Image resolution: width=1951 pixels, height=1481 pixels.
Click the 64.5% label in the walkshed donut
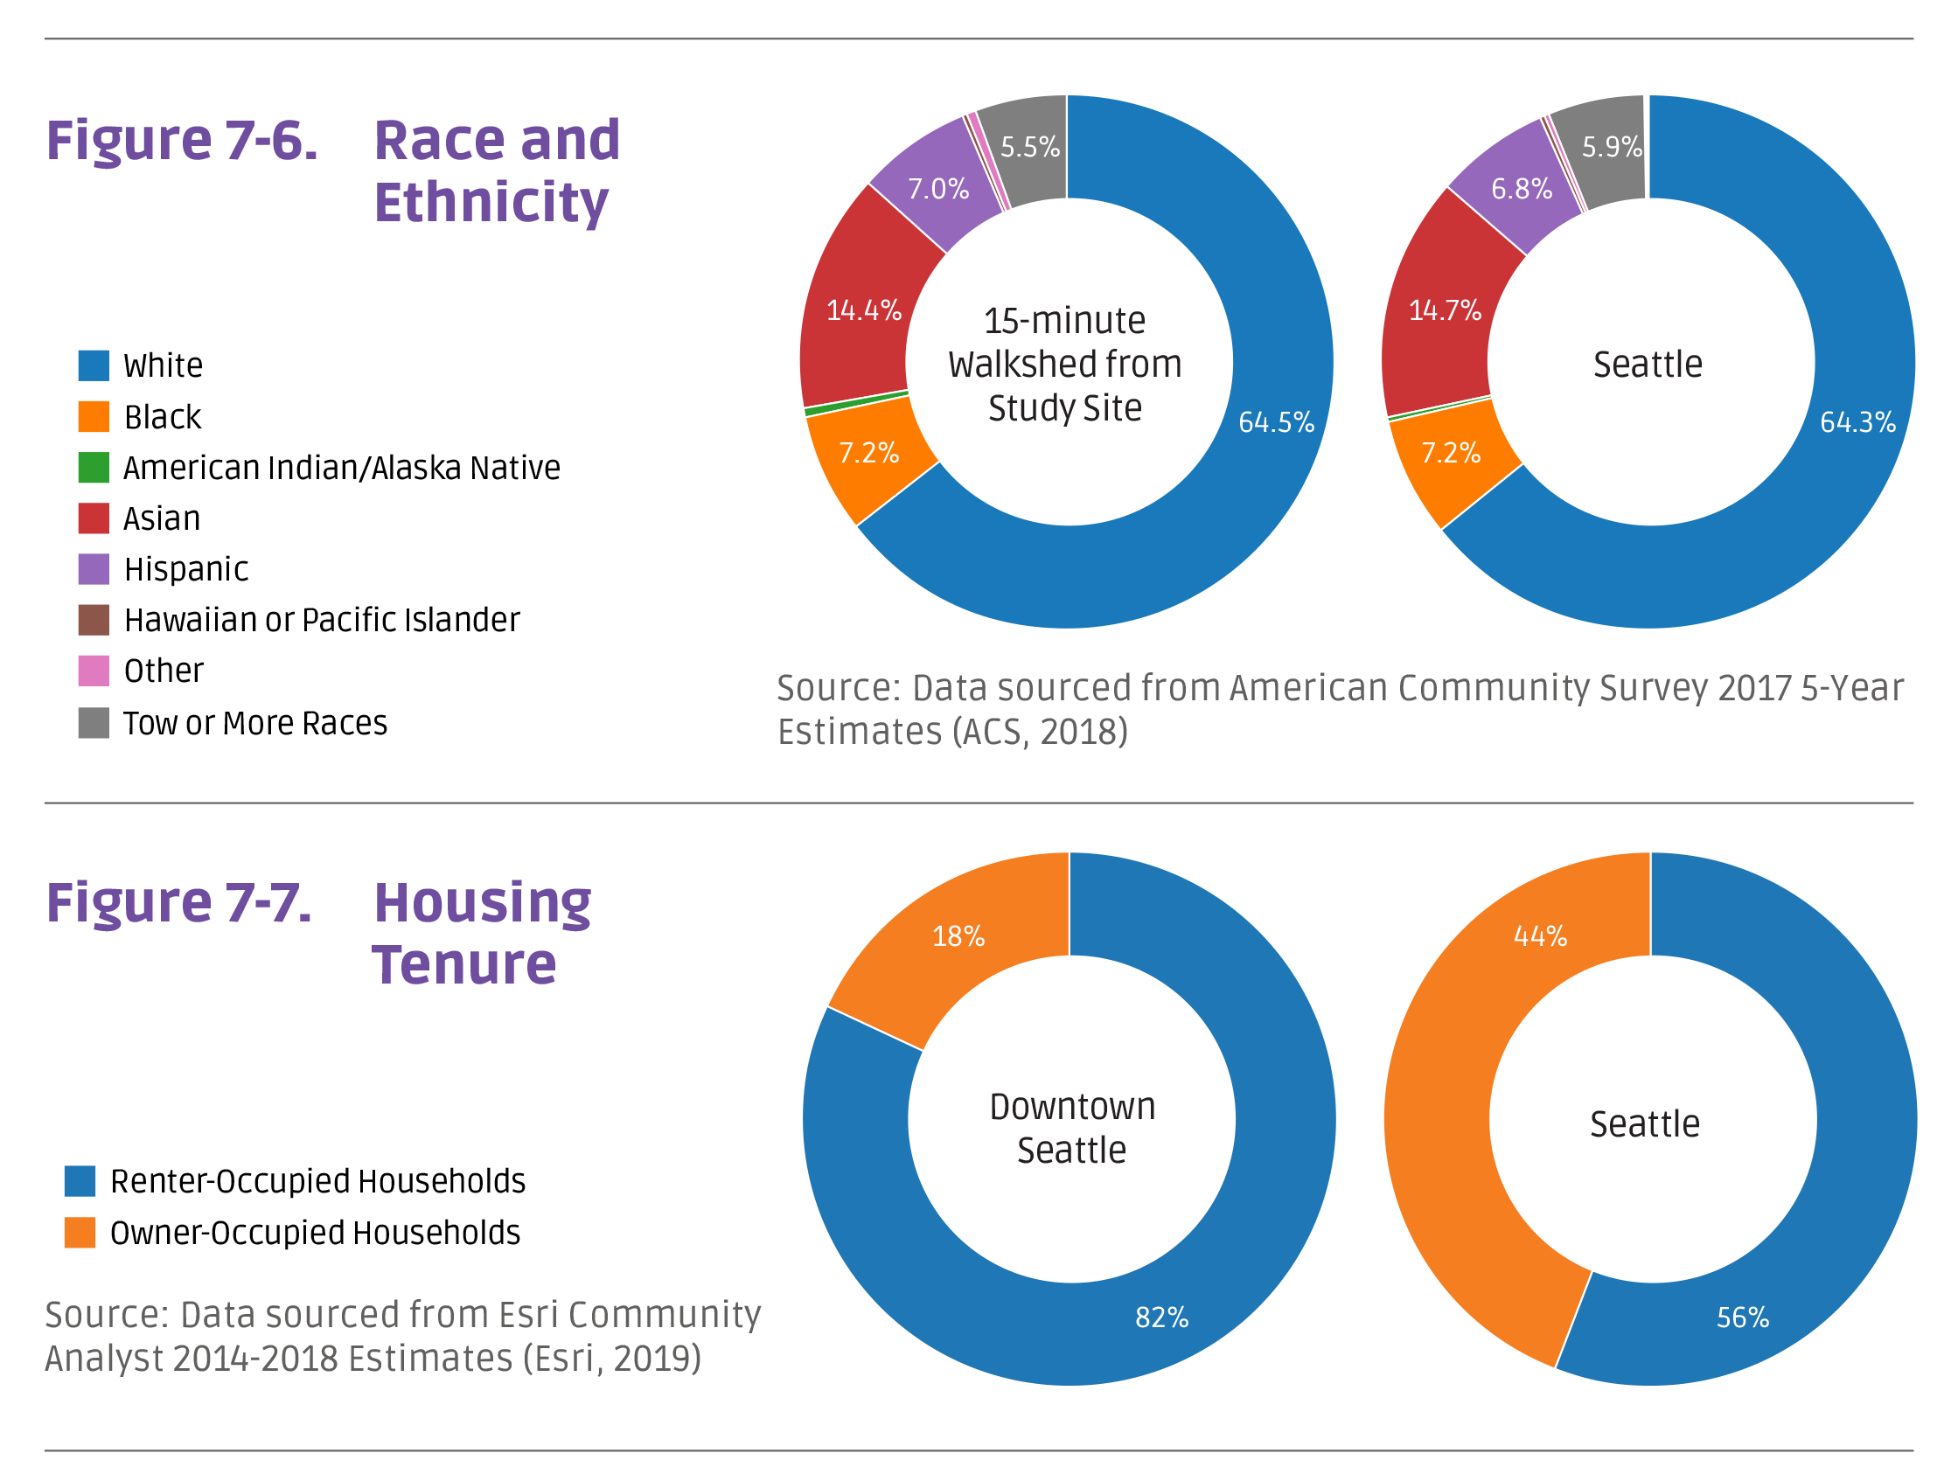pyautogui.click(x=1275, y=422)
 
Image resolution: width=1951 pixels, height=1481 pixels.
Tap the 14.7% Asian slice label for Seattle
pyautogui.click(x=1444, y=310)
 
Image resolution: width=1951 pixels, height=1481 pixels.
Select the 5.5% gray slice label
pyautogui.click(x=1029, y=147)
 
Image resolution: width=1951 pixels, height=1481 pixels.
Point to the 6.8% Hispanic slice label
pyautogui.click(x=1521, y=189)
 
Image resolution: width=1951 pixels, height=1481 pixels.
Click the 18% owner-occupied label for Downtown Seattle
pyautogui.click(x=958, y=936)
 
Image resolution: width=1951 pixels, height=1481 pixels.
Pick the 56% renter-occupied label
pyautogui.click(x=1742, y=1318)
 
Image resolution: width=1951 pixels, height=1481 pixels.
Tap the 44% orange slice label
pyautogui.click(x=1540, y=936)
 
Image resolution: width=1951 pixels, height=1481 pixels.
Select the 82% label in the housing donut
pyautogui.click(x=1160, y=1318)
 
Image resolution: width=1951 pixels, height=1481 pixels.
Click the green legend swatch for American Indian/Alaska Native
pyautogui.click(x=94, y=467)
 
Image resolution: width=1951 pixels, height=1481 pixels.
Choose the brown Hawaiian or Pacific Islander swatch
pyautogui.click(x=94, y=620)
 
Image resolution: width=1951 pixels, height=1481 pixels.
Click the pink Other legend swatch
pyautogui.click(x=94, y=671)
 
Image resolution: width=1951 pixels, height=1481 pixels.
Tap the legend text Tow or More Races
pyautogui.click(x=254, y=723)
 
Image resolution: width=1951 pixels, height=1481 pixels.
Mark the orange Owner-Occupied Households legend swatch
pyautogui.click(x=80, y=1233)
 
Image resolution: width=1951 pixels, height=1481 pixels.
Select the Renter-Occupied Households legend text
pyautogui.click(x=317, y=1181)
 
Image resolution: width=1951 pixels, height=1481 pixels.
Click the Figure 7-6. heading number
pyautogui.click(x=182, y=140)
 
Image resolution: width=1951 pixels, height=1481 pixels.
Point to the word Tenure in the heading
pyautogui.click(x=464, y=964)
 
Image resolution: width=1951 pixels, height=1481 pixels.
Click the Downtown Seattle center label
pyautogui.click(x=1071, y=1129)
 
